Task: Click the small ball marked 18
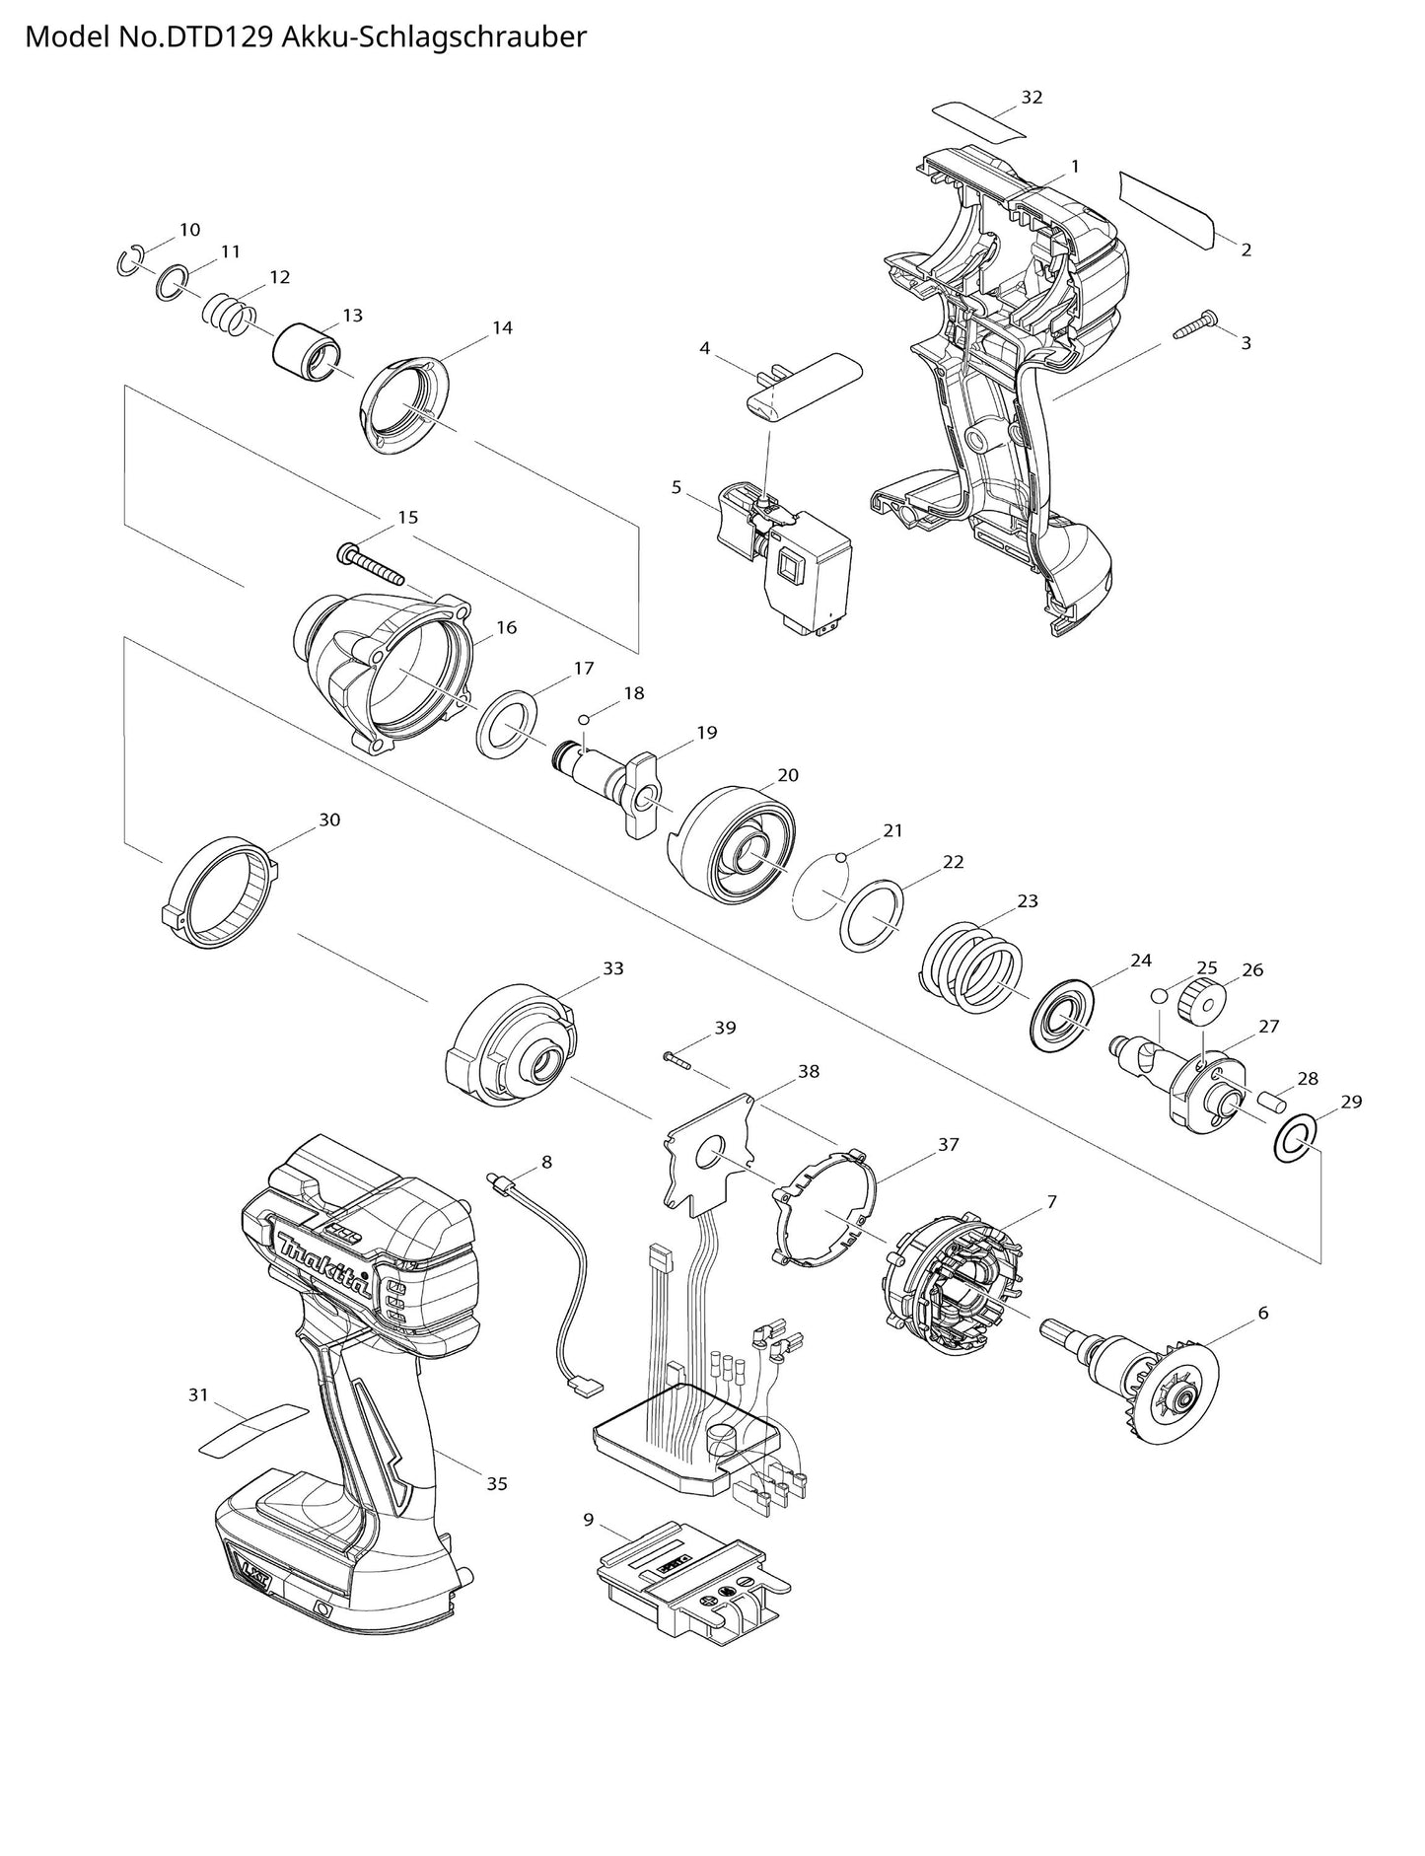tap(584, 718)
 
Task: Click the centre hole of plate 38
tap(710, 1150)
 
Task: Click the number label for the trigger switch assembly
tap(677, 487)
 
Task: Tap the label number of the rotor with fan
tap(1262, 1314)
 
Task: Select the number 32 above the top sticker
tap(1032, 97)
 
